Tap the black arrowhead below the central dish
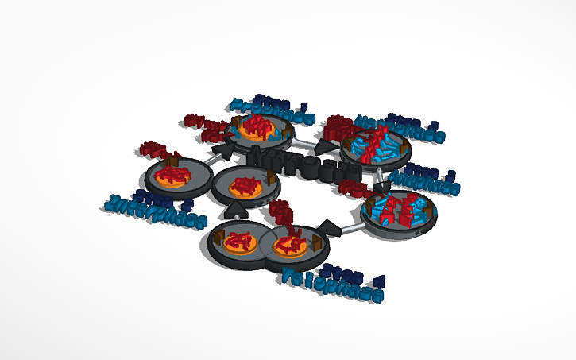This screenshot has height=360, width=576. (238, 210)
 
